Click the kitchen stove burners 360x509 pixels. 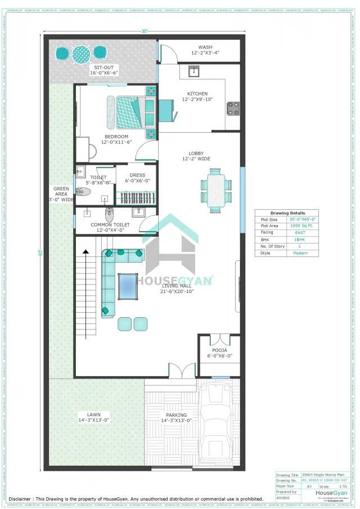click(x=232, y=107)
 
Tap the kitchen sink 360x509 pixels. click(x=193, y=71)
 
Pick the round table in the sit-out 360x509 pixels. click(x=81, y=54)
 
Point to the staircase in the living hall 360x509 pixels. click(x=87, y=292)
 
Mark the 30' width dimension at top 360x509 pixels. click(x=145, y=31)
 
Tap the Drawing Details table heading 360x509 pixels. click(x=287, y=213)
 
